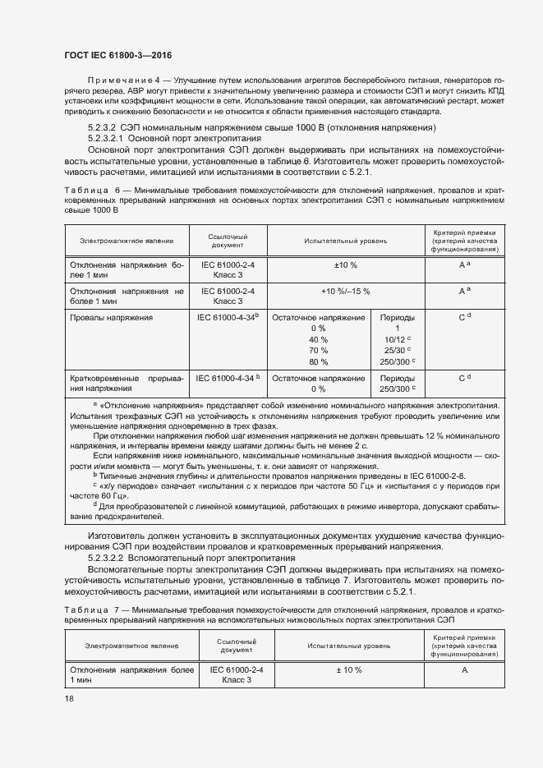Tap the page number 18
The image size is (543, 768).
69,698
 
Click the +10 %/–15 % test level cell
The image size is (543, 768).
345,292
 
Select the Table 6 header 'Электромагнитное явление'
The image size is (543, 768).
127,241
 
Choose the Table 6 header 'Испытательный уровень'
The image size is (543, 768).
345,241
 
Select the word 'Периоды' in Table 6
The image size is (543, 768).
398,317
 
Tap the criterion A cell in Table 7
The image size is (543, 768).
464,670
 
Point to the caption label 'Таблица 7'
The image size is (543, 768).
91,609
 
